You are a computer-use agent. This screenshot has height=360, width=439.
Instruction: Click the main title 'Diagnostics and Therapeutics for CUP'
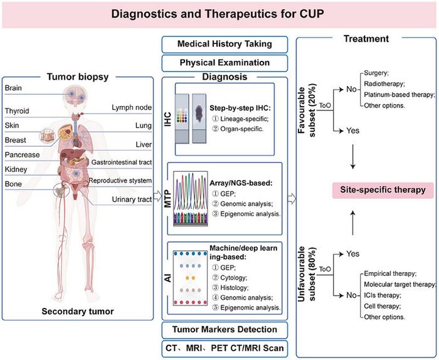coord(219,13)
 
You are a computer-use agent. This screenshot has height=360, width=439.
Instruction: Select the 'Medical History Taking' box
coord(224,43)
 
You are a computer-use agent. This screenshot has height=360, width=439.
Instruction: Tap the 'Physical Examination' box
coord(224,62)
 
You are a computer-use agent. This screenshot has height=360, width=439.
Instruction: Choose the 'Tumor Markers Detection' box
coord(224,329)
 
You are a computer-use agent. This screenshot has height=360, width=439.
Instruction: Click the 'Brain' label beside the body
coord(13,88)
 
